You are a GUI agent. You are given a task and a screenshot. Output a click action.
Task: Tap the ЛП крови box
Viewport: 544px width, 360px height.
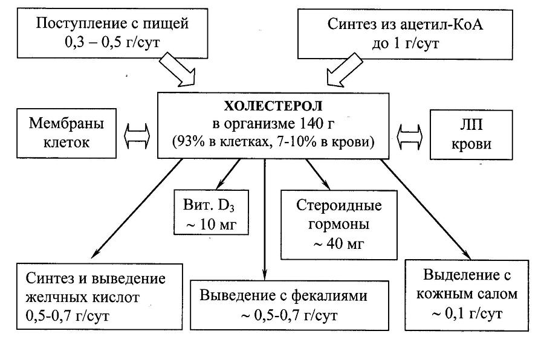[x=468, y=133]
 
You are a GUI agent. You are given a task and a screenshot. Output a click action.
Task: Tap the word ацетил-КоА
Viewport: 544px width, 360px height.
[x=422, y=25]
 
